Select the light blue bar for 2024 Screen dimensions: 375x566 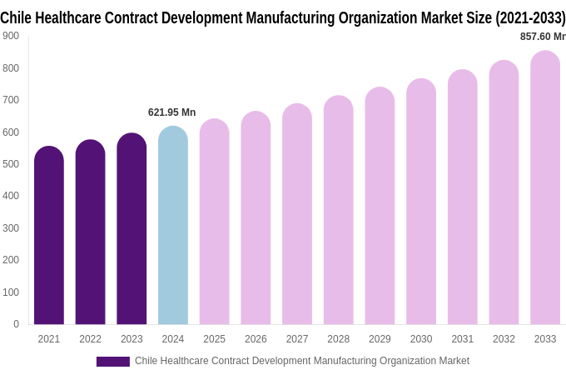pos(173,226)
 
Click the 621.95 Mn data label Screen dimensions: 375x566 pos(172,112)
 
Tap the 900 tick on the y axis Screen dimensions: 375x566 pos(11,36)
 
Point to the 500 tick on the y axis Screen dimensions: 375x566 pos(11,164)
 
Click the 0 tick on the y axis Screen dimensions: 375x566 pos(16,324)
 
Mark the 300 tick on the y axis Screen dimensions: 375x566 pos(11,228)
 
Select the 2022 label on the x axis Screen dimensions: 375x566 pos(90,339)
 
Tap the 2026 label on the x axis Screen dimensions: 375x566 pos(256,339)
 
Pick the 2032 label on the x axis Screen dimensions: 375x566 pos(504,339)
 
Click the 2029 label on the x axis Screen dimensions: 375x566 pos(380,339)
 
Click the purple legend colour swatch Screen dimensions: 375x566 pos(113,362)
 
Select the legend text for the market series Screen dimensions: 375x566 pos(302,361)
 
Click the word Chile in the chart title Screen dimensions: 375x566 pos(18,17)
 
